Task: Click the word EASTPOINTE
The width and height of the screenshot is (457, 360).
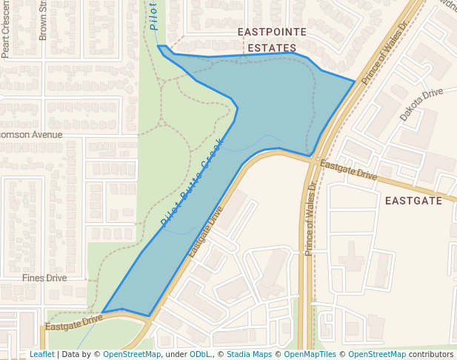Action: click(x=272, y=33)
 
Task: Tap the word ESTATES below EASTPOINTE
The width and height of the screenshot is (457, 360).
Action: click(x=272, y=48)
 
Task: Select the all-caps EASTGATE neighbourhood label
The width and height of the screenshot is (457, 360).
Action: click(x=413, y=201)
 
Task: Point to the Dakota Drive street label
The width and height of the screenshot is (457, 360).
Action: click(x=421, y=104)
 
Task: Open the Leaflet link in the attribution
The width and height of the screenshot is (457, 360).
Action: click(x=41, y=355)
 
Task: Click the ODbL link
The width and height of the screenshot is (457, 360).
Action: click(x=199, y=355)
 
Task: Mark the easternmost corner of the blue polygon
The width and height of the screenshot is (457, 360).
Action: click(x=355, y=80)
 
